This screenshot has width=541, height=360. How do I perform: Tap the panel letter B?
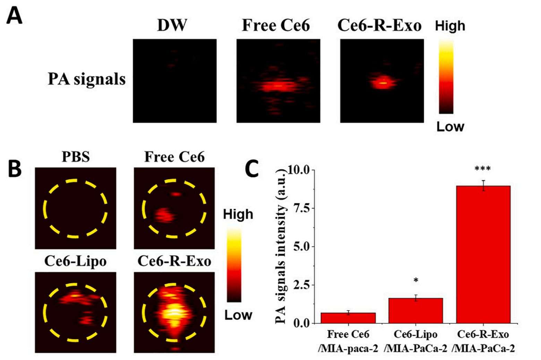15,169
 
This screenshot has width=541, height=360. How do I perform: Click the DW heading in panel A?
172,25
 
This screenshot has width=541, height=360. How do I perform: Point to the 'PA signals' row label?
86,79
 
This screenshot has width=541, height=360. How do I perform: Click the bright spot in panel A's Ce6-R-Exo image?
383,83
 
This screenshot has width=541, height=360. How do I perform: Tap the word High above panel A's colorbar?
450,26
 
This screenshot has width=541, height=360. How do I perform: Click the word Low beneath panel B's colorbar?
238,315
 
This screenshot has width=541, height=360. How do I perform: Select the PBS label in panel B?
76,157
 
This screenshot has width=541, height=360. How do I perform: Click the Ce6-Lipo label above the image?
75,261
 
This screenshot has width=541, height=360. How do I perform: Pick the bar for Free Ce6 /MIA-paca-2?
348,318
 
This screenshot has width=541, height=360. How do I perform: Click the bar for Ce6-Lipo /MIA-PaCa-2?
415,310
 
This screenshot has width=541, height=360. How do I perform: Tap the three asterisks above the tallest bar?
483,169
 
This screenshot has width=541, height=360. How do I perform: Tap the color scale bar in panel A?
446,77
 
